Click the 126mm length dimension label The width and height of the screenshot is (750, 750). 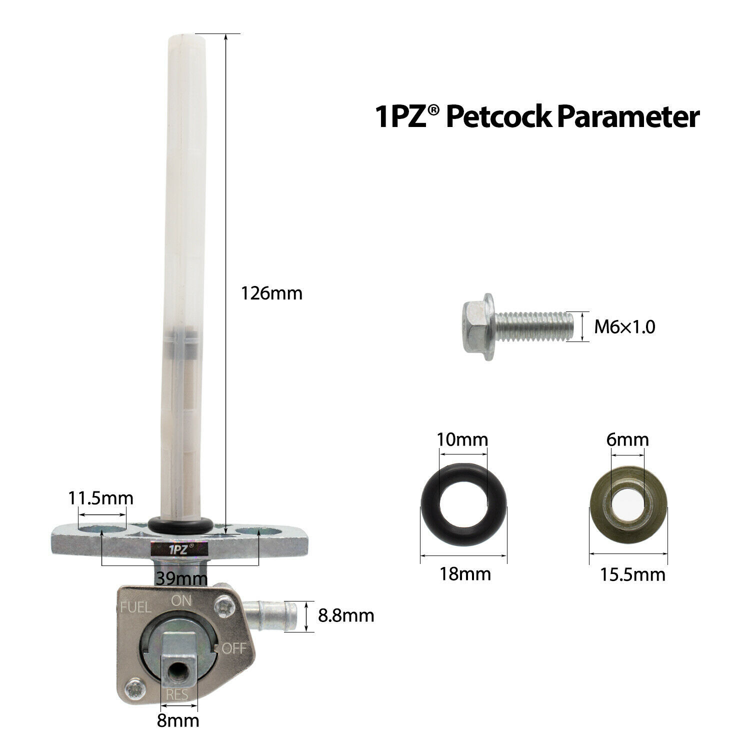point(271,293)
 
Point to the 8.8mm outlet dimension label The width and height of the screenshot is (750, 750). point(346,615)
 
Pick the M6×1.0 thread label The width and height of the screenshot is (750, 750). point(624,327)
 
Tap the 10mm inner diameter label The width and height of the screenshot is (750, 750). point(462,440)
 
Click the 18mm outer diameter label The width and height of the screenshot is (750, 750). point(465,573)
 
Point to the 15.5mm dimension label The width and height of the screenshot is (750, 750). point(632,574)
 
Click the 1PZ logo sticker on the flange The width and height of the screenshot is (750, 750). point(178,548)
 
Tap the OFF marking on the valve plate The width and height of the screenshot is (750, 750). point(233,648)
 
